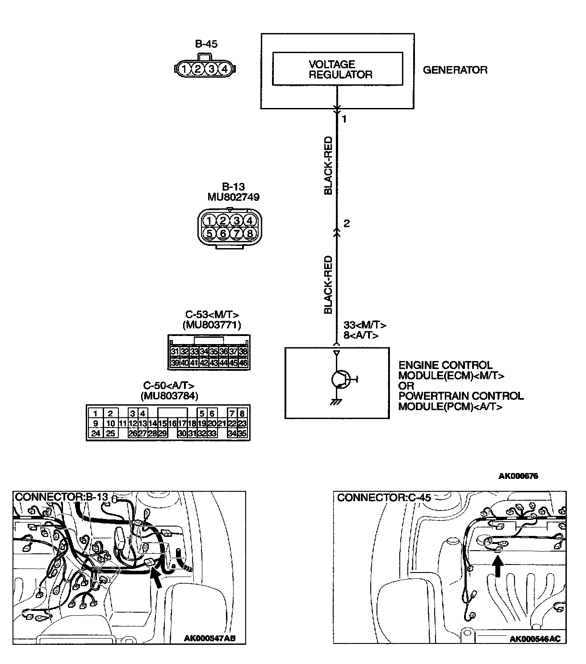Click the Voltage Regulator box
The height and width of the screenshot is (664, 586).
point(337,69)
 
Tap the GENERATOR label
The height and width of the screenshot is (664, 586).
point(455,70)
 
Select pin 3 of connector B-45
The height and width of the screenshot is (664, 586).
point(212,69)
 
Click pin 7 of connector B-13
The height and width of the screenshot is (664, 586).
point(236,233)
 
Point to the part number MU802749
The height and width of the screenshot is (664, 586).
point(233,197)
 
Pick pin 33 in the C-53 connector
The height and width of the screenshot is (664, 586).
point(194,352)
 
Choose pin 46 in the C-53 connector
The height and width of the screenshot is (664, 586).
point(243,363)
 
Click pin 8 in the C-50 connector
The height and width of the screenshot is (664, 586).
point(242,414)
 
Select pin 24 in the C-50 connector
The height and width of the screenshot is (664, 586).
point(95,433)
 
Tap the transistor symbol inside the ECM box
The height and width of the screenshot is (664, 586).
point(340,379)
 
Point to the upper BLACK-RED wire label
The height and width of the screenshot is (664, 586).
point(328,166)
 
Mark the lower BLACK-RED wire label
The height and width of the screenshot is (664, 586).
point(328,284)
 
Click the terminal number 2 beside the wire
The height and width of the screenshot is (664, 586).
point(347,224)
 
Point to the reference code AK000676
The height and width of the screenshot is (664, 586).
point(518,476)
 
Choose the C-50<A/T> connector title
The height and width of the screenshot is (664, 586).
point(169,386)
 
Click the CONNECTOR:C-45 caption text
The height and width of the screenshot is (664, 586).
point(384,498)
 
